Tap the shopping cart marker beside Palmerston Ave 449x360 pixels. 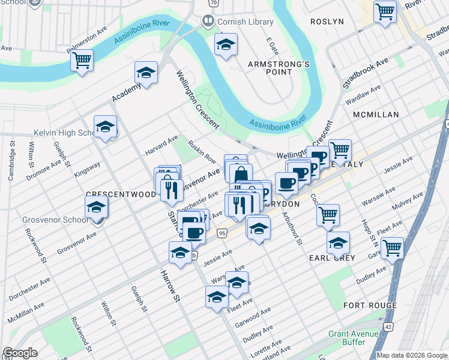(82, 60)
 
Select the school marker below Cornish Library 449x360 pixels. (226, 44)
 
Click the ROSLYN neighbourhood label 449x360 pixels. (327, 22)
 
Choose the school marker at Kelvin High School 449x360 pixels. (105, 127)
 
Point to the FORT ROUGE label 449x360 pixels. (370, 305)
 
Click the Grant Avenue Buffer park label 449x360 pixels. (355, 338)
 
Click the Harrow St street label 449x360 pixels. (170, 285)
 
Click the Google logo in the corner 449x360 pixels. (20, 353)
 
